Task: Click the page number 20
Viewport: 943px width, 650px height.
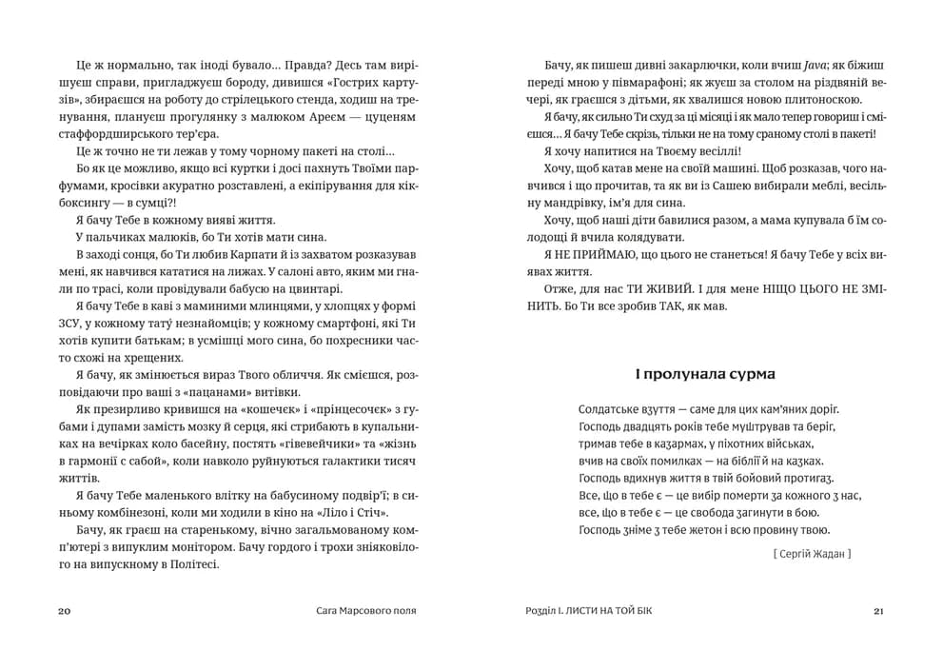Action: (x=64, y=610)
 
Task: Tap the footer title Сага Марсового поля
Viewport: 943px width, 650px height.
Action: (x=366, y=610)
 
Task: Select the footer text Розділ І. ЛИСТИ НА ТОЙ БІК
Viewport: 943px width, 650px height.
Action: (x=578, y=610)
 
